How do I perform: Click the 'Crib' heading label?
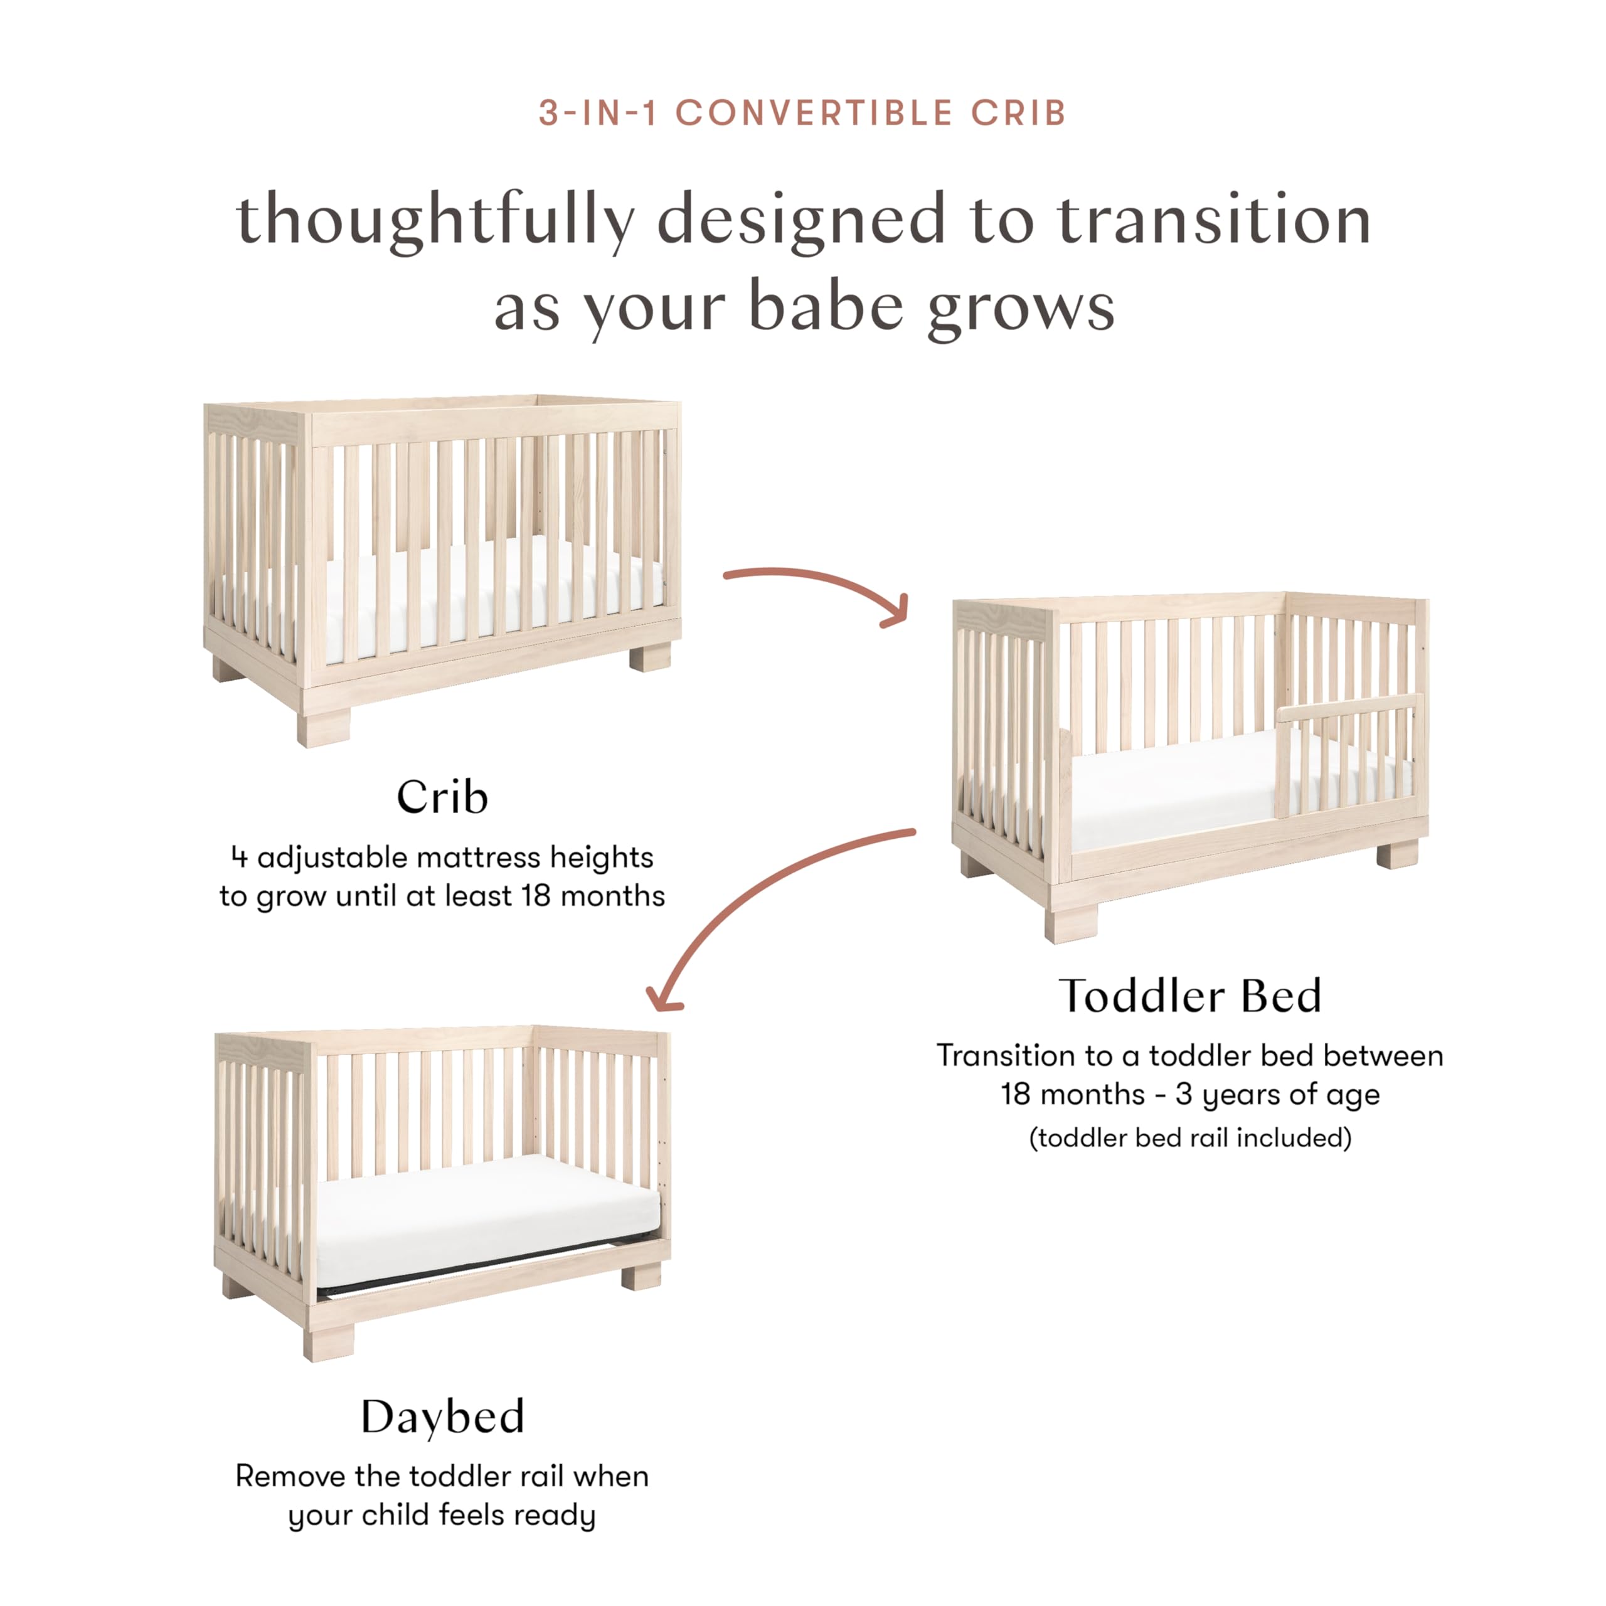(x=442, y=798)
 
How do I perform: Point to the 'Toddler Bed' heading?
(x=1189, y=996)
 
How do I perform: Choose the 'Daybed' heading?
(x=442, y=1417)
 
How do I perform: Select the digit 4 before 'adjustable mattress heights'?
(x=240, y=857)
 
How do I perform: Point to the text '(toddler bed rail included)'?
(x=1189, y=1137)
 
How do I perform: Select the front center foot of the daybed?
(x=329, y=1337)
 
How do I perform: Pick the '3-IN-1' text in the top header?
(x=598, y=113)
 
